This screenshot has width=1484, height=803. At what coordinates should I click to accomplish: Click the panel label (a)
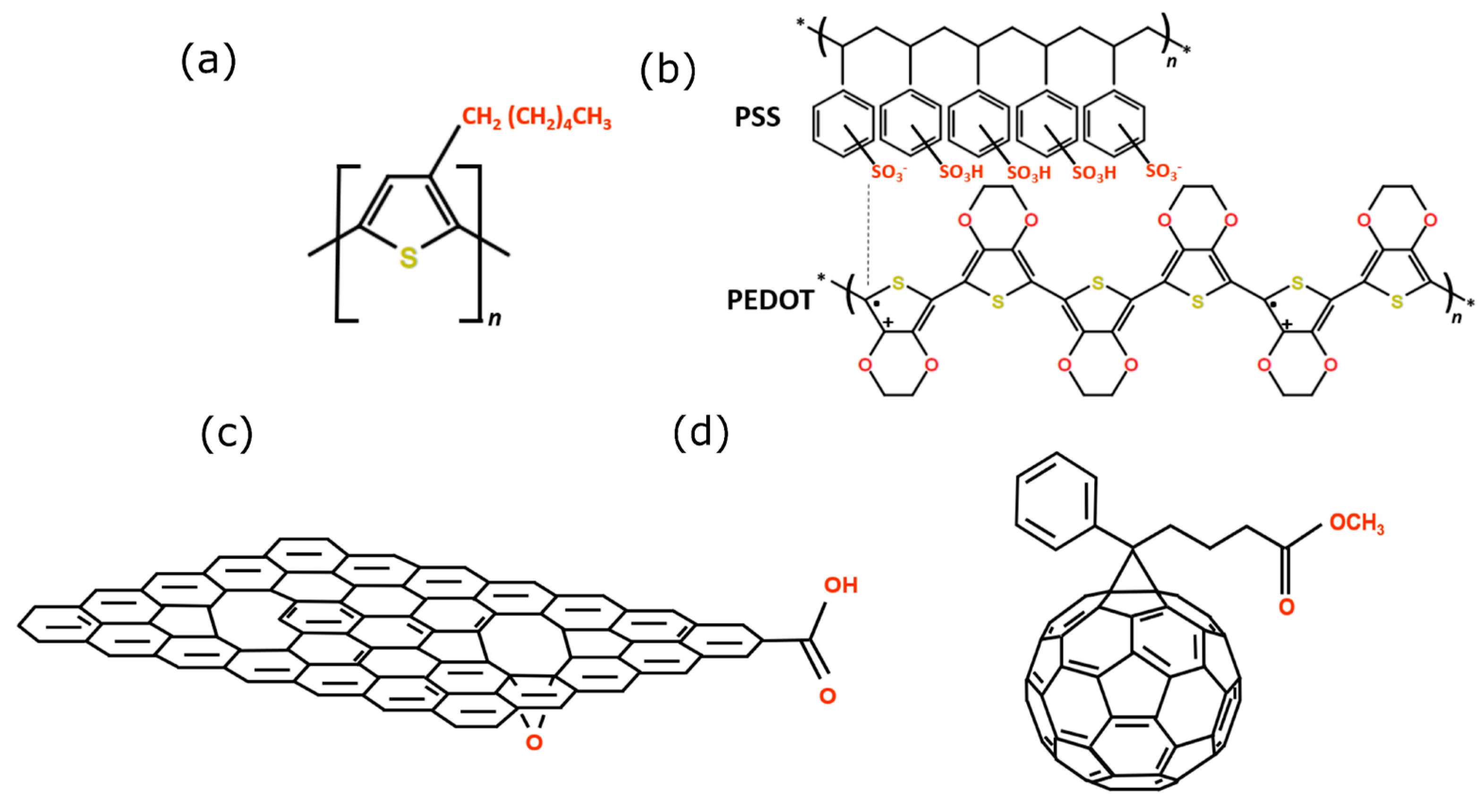pyautogui.click(x=209, y=61)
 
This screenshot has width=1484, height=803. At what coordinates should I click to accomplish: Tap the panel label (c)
pyautogui.click(x=226, y=433)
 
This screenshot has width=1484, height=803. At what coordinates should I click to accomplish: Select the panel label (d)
pyautogui.click(x=700, y=433)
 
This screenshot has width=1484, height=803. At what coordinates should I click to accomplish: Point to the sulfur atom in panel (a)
pyautogui.click(x=409, y=257)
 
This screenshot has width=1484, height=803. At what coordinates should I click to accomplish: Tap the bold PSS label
pyautogui.click(x=757, y=118)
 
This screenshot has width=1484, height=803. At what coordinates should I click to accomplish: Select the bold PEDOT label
pyautogui.click(x=770, y=300)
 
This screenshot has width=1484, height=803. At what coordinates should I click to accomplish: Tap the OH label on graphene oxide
pyautogui.click(x=841, y=586)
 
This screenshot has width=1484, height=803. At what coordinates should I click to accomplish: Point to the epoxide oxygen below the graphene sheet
pyautogui.click(x=534, y=742)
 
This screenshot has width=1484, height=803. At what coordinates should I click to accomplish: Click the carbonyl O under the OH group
pyautogui.click(x=828, y=696)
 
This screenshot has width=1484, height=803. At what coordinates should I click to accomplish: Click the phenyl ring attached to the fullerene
pyautogui.click(x=1056, y=501)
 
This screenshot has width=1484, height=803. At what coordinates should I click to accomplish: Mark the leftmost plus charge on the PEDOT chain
pyautogui.click(x=888, y=322)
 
